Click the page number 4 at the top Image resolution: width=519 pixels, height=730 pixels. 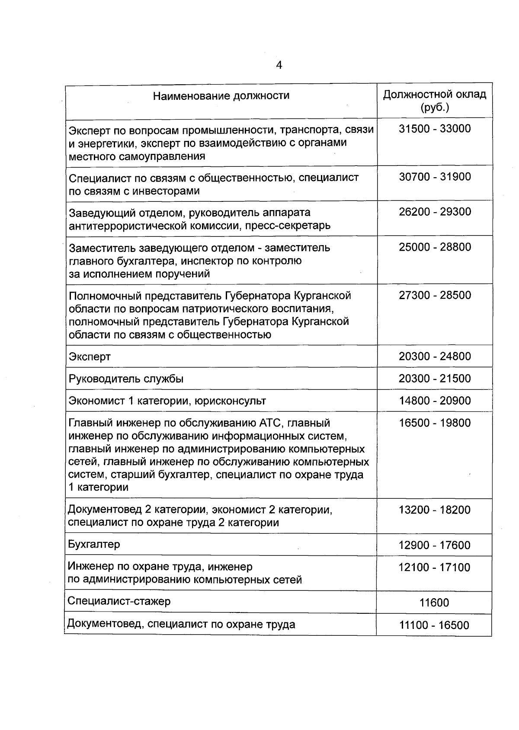tap(279, 65)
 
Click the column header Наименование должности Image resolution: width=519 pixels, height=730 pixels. tap(221, 96)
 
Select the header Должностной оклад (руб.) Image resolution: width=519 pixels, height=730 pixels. tap(435, 101)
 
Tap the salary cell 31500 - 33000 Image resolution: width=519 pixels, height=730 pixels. tap(435, 129)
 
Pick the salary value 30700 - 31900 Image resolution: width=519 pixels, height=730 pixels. tap(435, 177)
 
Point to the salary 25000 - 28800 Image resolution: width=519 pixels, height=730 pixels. tap(435, 247)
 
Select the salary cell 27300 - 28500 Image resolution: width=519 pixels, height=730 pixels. tap(435, 295)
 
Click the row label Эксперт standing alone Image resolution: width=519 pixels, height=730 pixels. tap(90, 357)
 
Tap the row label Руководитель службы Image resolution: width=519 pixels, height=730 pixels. tap(126, 379)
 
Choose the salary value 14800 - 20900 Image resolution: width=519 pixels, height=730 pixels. tap(435, 401)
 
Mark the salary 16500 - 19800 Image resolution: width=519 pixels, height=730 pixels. tap(435, 423)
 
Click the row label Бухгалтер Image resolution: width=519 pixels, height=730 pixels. tap(94, 545)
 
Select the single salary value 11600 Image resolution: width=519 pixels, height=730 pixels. tap(434, 603)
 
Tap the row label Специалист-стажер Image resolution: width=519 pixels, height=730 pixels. tap(119, 601)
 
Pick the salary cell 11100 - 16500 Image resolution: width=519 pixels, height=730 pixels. tap(434, 625)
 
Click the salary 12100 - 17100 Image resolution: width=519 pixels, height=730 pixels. tap(434, 567)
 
